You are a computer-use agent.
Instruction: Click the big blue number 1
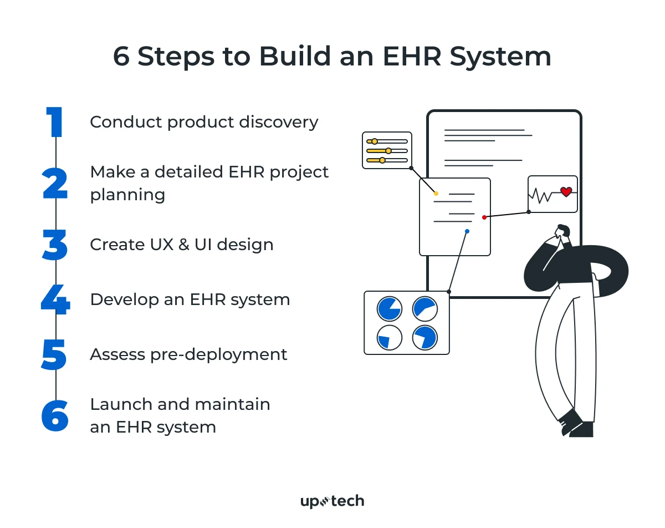[55, 123]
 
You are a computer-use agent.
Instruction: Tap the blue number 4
[55, 300]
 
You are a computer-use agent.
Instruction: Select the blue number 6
[55, 415]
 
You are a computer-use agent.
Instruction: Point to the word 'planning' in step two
[127, 195]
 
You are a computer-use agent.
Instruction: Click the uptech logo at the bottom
[332, 501]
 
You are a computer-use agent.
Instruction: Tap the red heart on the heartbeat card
[566, 192]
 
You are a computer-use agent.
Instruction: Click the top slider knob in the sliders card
[375, 141]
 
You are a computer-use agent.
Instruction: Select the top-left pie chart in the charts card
[389, 309]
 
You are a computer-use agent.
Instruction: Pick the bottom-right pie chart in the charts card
[425, 337]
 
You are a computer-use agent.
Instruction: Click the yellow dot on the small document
[436, 194]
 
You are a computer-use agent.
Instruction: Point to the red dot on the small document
[484, 217]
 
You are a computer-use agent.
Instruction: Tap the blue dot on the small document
[467, 231]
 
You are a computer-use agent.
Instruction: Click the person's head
[563, 231]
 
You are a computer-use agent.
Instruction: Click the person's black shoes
[576, 424]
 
